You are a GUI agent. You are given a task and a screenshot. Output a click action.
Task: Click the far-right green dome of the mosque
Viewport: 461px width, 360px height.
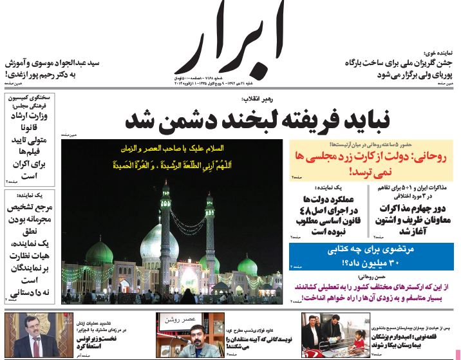click(248, 264)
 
